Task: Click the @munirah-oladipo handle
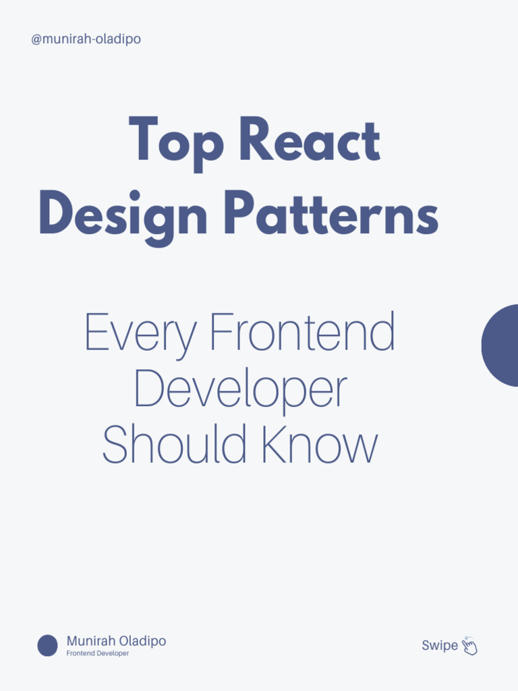[86, 39]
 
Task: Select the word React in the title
[310, 140]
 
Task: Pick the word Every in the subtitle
[140, 333]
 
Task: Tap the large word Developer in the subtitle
[241, 390]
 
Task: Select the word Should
[172, 445]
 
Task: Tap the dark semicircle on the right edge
[500, 345]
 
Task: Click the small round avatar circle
[47, 646]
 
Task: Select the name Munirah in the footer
[90, 641]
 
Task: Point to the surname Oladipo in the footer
[142, 641]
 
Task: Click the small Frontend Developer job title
[97, 654]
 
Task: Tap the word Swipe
[439, 646]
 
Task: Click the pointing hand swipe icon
[469, 646]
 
